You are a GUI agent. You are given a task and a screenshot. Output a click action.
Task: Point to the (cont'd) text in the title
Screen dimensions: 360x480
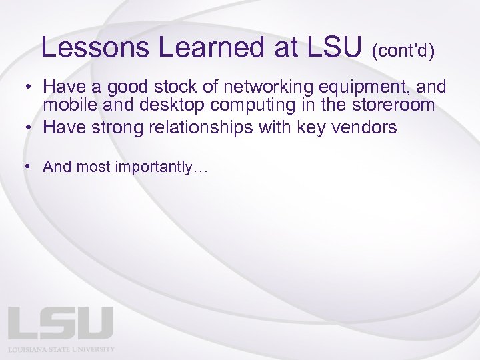click(403, 51)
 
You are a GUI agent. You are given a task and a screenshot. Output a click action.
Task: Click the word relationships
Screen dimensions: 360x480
click(193, 128)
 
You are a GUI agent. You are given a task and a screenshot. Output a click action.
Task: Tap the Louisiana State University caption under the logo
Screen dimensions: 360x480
click(61, 349)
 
